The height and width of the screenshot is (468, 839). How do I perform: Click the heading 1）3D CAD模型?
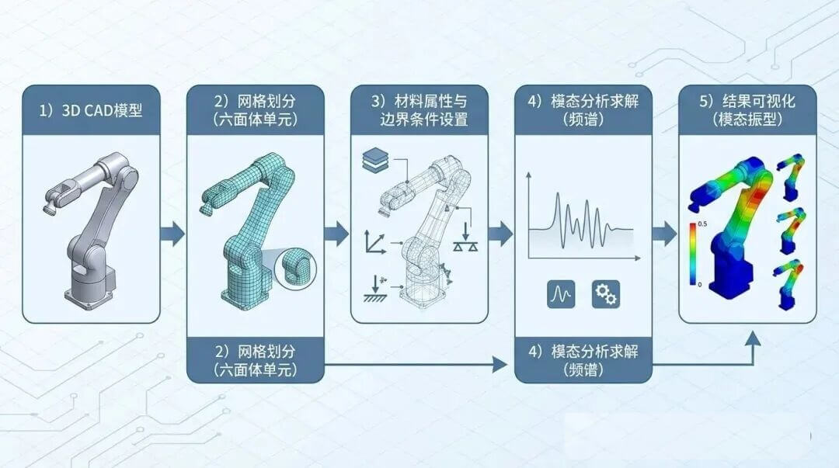point(91,110)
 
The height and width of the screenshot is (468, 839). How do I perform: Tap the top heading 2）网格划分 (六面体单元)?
point(256,109)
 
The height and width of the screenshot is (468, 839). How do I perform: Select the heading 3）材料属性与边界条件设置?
point(419,109)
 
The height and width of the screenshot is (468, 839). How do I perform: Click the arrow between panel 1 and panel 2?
point(172,234)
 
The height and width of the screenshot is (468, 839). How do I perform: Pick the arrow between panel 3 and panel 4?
point(500,234)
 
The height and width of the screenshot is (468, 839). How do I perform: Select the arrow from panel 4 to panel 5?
point(664,234)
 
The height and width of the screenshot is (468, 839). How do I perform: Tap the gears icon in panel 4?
point(606,294)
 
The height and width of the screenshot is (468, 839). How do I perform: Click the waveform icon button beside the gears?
point(562,294)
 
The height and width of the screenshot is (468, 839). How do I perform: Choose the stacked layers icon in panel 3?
point(376,159)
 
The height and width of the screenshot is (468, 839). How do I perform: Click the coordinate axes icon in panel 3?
point(376,241)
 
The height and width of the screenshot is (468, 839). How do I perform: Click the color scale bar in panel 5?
point(693,254)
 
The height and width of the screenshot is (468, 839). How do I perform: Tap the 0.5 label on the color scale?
point(702,224)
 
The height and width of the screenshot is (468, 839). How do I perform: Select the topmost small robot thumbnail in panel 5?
point(790,177)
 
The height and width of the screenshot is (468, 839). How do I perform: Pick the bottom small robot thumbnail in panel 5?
point(789,284)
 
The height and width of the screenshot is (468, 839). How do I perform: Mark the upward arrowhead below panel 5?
point(753,339)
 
